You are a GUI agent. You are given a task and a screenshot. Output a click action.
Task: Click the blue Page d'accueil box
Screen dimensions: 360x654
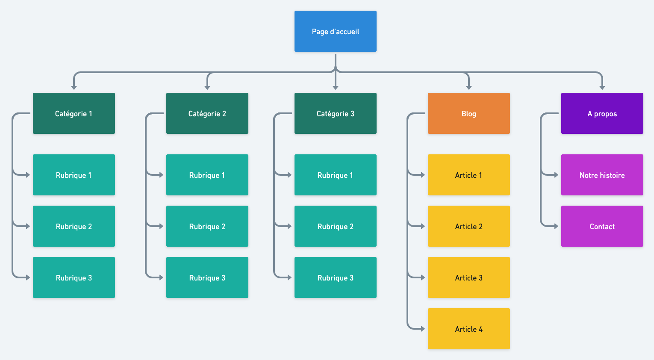pyautogui.click(x=336, y=31)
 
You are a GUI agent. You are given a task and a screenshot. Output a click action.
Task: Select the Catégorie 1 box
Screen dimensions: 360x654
pyautogui.click(x=74, y=113)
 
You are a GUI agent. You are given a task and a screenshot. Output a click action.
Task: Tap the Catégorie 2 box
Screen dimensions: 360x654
pyautogui.click(x=207, y=113)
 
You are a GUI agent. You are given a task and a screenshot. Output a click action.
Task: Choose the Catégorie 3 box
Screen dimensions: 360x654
pyautogui.click(x=336, y=113)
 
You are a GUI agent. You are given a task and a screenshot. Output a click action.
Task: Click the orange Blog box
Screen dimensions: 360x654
pyautogui.click(x=469, y=113)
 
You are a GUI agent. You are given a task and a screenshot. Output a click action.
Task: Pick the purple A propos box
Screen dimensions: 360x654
pyautogui.click(x=602, y=113)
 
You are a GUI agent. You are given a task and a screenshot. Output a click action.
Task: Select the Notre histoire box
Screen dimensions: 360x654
pyautogui.click(x=602, y=175)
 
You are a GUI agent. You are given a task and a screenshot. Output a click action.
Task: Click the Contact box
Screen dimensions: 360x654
pyautogui.click(x=602, y=226)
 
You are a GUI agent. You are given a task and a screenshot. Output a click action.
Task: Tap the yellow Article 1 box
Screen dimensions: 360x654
pyautogui.click(x=469, y=175)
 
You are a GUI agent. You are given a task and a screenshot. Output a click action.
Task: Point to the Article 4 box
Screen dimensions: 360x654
pyautogui.click(x=469, y=329)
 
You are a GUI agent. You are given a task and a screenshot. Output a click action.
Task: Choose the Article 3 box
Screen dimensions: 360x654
pyautogui.click(x=469, y=277)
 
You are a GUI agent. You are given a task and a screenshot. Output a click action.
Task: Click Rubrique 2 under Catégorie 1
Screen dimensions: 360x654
pyautogui.click(x=74, y=226)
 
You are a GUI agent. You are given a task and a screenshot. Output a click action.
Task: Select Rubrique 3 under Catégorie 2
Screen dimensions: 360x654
pyautogui.click(x=207, y=277)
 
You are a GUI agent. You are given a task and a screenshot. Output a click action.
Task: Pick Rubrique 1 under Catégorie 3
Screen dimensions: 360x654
pyautogui.click(x=336, y=175)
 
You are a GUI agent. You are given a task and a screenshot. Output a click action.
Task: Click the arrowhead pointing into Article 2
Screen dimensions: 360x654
pyautogui.click(x=423, y=226)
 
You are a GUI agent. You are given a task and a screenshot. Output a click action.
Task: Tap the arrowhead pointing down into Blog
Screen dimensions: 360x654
pyautogui.click(x=469, y=87)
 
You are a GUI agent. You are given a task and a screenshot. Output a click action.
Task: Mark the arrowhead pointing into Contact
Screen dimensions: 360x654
pyautogui.click(x=556, y=226)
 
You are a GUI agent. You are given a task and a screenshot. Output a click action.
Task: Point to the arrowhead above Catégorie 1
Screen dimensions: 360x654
pyautogui.click(x=74, y=87)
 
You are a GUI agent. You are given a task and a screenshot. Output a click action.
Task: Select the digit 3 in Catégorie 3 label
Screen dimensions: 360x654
pyautogui.click(x=352, y=114)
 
